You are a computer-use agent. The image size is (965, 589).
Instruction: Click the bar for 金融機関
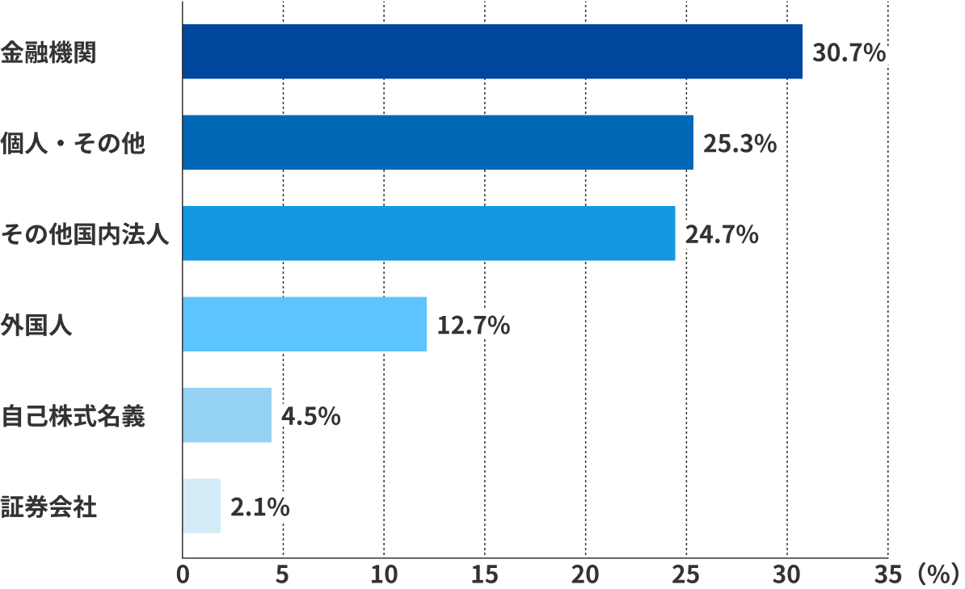[492, 52]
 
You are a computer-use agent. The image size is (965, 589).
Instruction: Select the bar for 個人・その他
[437, 142]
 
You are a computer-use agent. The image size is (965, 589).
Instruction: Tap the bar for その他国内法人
[428, 233]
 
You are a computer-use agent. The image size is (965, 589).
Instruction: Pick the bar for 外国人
[304, 324]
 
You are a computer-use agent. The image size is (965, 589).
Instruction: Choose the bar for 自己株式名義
[227, 415]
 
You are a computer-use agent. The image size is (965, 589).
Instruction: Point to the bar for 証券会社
[201, 506]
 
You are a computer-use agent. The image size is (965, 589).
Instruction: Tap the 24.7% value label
[722, 235]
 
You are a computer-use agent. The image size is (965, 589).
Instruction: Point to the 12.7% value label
[473, 326]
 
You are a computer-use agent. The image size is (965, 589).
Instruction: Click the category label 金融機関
[48, 53]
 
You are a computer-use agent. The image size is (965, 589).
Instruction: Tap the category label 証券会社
[48, 508]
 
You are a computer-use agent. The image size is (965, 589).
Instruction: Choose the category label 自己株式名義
[73, 417]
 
